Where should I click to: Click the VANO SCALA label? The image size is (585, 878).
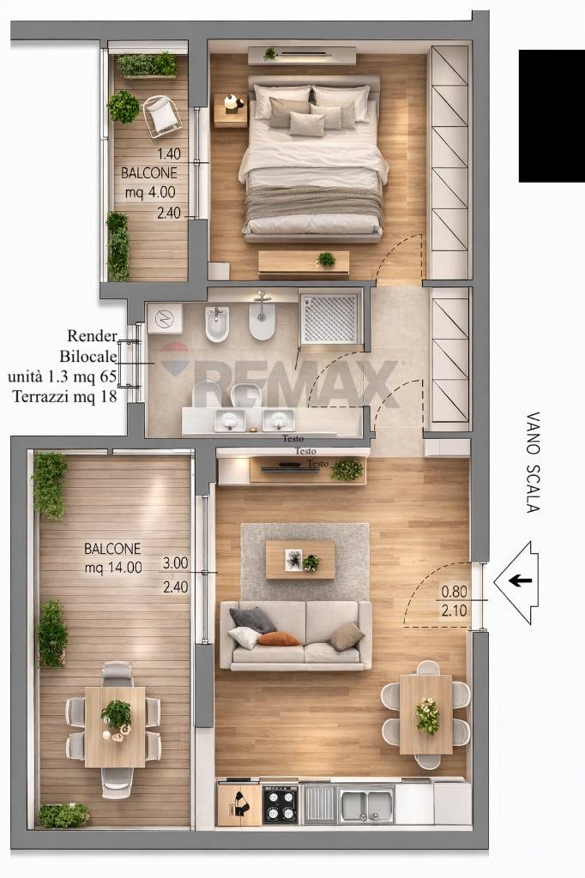pos(533,462)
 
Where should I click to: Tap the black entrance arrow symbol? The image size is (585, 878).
pos(520,580)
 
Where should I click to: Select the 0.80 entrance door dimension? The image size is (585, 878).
pos(454,592)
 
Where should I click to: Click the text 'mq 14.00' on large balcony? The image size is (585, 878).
pos(113,568)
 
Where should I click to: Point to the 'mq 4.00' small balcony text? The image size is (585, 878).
pos(150,192)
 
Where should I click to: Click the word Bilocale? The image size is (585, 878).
pos(88,356)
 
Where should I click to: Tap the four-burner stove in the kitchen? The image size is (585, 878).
pos(280,803)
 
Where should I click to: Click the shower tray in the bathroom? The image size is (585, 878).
pos(329,317)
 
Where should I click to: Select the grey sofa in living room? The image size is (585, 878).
pos(295,635)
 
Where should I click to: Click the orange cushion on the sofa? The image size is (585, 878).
pos(279,639)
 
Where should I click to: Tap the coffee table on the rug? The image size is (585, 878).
pos(300,559)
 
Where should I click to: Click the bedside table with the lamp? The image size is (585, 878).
pos(230,111)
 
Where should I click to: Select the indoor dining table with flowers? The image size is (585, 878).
pos(425,714)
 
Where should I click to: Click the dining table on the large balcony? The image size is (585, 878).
pos(115,727)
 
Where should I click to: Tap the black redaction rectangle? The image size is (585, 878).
pos(552,116)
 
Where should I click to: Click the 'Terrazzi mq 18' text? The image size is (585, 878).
pos(65,396)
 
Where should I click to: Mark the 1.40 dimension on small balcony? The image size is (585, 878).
pos(169,153)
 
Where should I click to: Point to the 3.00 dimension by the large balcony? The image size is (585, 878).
pos(175,562)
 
